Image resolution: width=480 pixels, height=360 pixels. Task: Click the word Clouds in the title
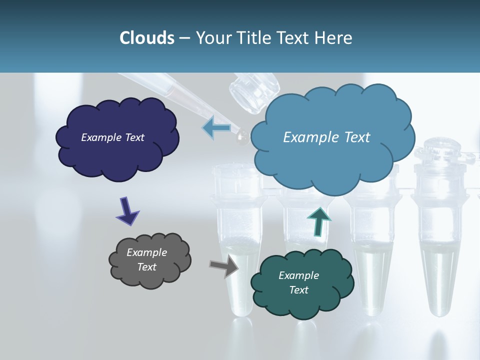pos(147,38)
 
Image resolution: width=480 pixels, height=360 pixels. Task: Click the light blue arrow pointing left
pos(216,127)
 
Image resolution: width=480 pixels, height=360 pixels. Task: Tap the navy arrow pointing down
pos(127,210)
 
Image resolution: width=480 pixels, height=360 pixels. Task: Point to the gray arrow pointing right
pos(223,266)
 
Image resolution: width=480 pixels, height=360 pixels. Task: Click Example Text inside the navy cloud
pos(112,137)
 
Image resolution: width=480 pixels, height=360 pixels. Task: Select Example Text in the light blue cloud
pos(326,137)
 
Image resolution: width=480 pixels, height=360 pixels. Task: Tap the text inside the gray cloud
pos(146,260)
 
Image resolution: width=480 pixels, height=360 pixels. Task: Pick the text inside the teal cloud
pos(298,282)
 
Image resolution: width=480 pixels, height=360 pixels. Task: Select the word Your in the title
pos(212,38)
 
